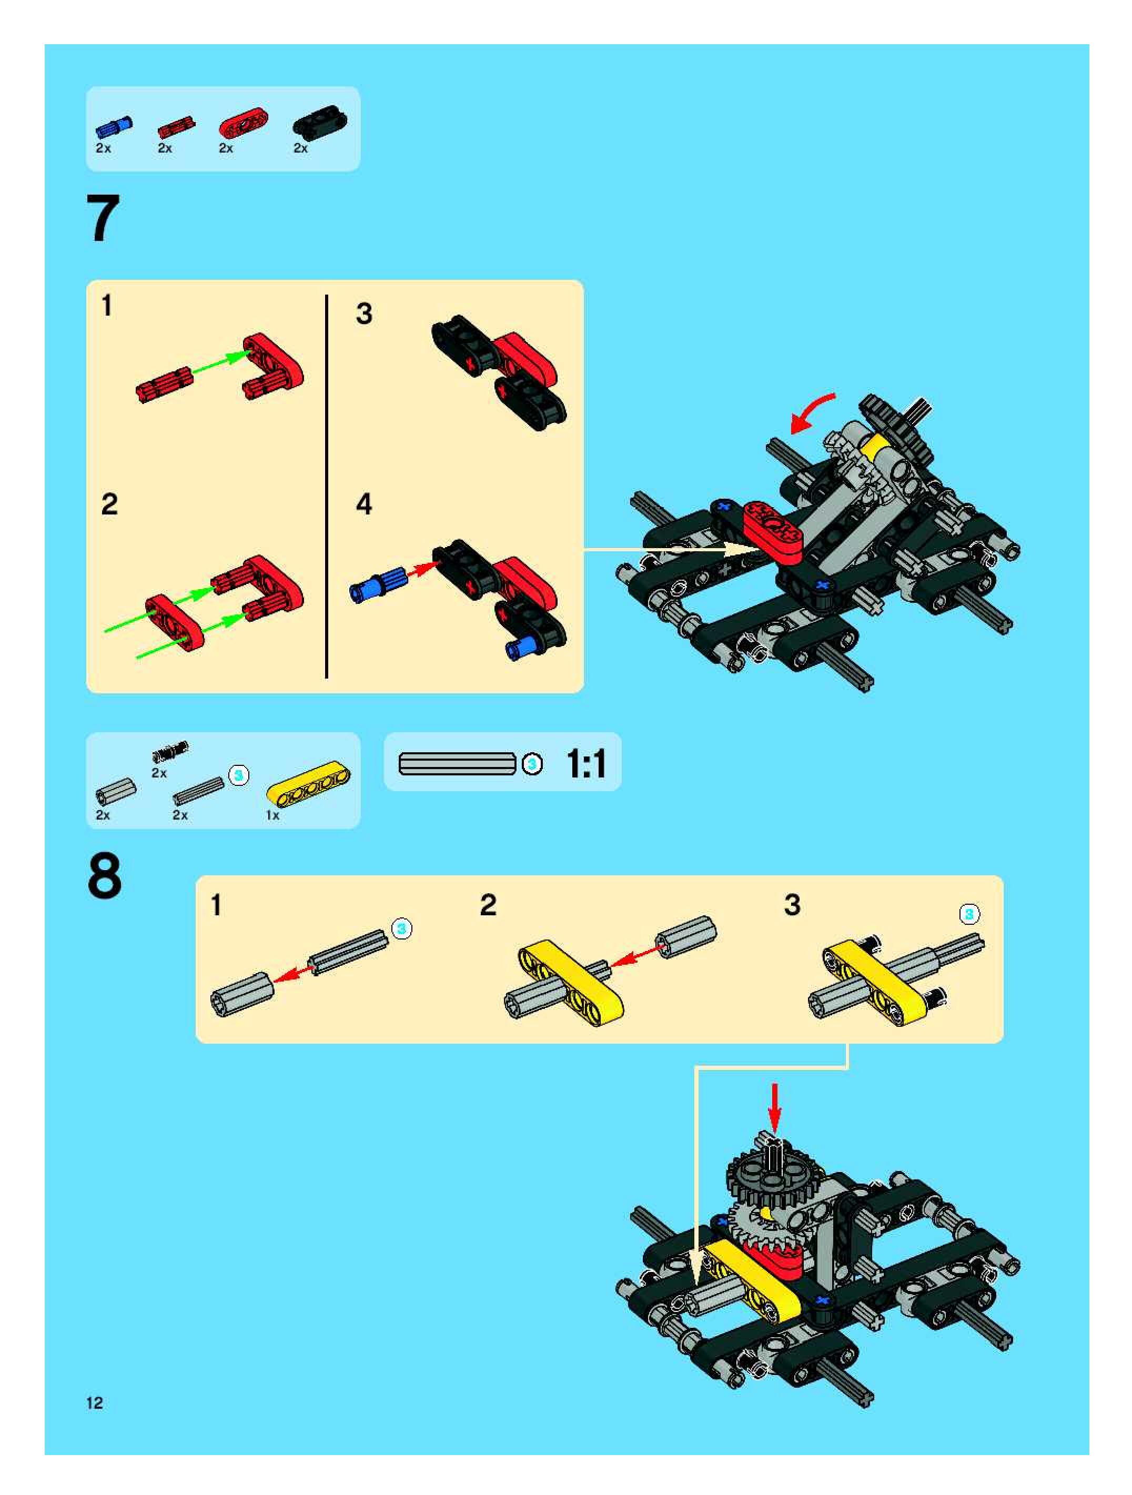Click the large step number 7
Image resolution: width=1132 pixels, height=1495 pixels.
click(104, 218)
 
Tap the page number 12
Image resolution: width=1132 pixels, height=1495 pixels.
click(95, 1402)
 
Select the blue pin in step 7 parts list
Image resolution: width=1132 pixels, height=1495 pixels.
click(114, 126)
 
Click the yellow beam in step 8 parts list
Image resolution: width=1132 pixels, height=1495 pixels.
click(308, 785)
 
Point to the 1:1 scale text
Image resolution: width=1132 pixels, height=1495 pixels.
click(586, 764)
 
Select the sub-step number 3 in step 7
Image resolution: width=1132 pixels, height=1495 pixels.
click(363, 314)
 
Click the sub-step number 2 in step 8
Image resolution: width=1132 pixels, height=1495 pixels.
click(488, 905)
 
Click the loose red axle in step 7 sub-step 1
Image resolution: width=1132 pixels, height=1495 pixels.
click(164, 385)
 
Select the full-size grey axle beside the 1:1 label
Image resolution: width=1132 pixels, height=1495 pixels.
click(458, 764)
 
